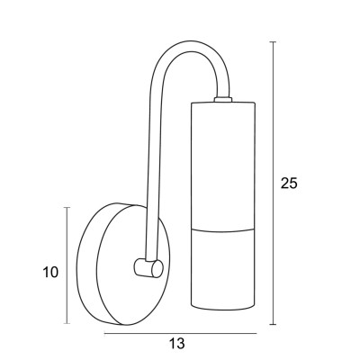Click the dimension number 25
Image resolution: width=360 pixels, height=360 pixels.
[x=289, y=183]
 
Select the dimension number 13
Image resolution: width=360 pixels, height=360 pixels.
[x=176, y=343]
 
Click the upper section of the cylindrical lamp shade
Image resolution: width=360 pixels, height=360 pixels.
[x=224, y=162]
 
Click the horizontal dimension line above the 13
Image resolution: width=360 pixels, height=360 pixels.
[x=180, y=333]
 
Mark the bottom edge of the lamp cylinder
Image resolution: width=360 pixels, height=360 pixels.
[x=224, y=323]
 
